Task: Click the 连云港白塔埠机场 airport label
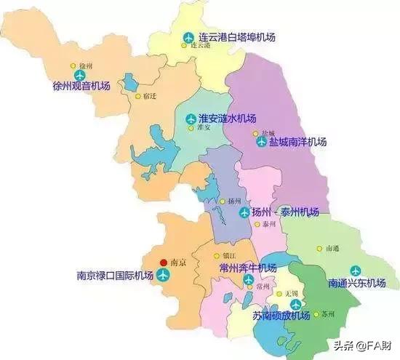[236, 36]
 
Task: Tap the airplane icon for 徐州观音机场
[79, 75]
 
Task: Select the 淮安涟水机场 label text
[227, 118]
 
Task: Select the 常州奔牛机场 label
[248, 268]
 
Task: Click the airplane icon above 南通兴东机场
[356, 270]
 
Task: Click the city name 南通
[332, 248]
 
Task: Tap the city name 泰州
[271, 225]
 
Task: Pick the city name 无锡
[293, 292]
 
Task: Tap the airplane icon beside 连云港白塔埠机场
[188, 36]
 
